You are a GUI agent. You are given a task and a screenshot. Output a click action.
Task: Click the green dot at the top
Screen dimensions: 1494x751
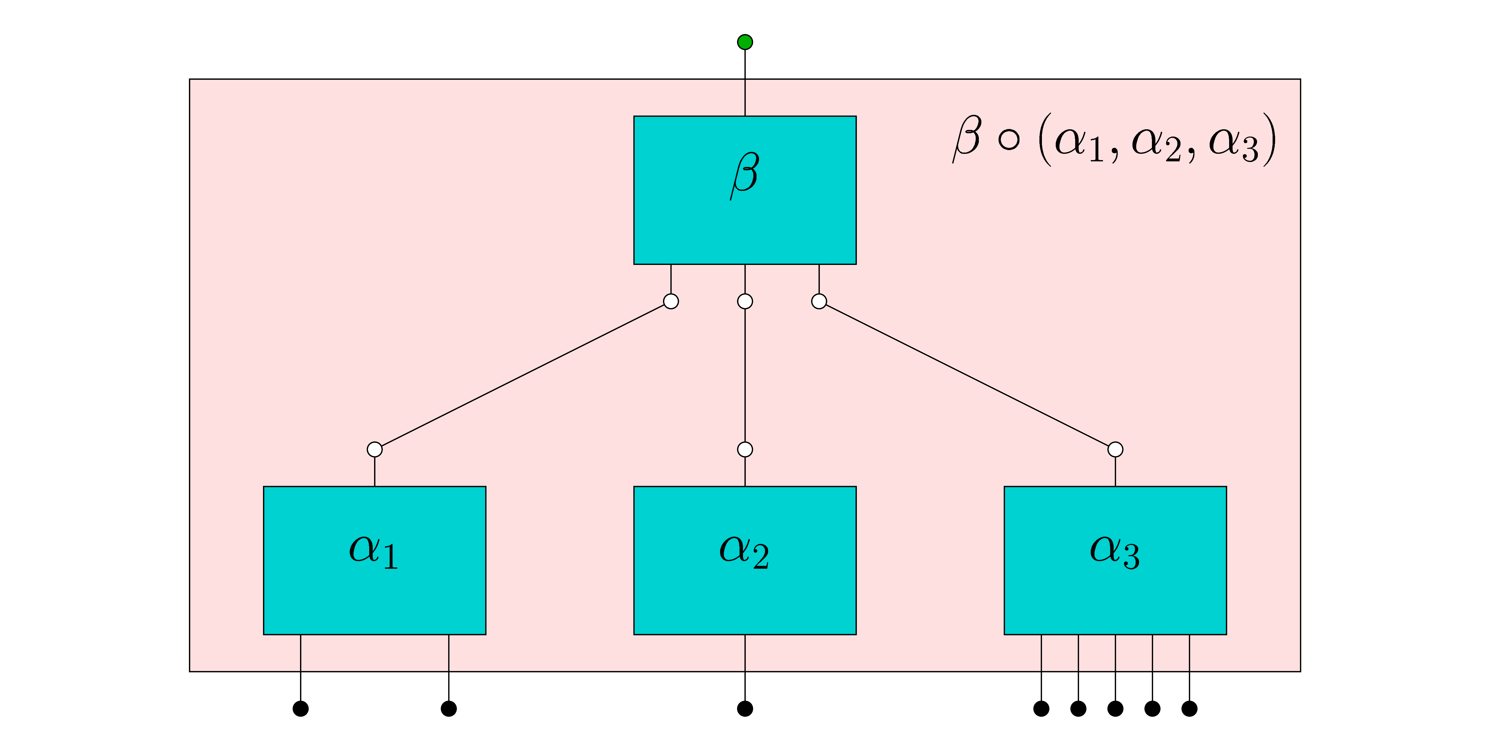(745, 42)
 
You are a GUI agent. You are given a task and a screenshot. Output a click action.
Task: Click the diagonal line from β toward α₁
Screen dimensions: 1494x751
(523, 375)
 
